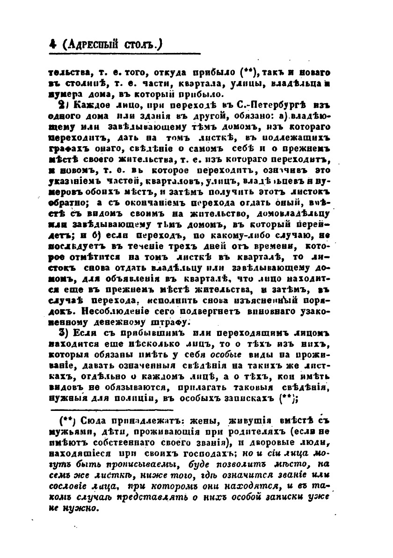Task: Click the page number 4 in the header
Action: [x=52, y=45]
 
